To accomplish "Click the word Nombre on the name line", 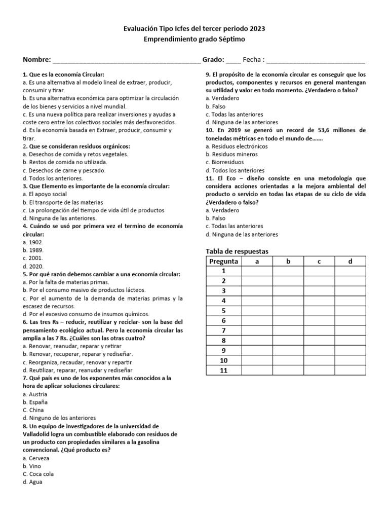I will tap(36, 59).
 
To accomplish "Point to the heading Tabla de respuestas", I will tap(237, 251).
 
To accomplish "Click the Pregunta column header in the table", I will tap(223, 262).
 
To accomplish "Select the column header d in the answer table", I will tap(350, 262).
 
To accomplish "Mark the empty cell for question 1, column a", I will tap(257, 271).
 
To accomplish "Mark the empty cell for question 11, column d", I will tap(350, 370).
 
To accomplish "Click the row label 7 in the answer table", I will tap(223, 330).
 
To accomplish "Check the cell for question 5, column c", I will tap(319, 311).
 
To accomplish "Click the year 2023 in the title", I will tap(256, 29).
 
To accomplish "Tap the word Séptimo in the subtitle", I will tap(234, 39).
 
